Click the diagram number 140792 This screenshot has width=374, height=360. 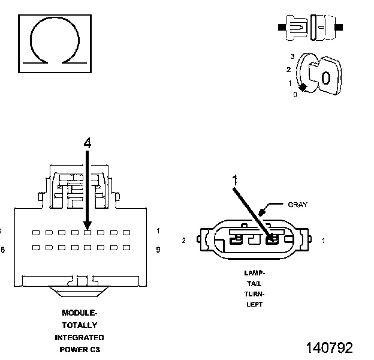[x=329, y=347]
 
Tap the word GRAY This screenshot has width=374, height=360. [x=297, y=205]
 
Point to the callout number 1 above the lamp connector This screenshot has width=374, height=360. [x=235, y=179]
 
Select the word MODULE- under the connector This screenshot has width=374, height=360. [x=79, y=313]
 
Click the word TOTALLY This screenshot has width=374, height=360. [x=79, y=325]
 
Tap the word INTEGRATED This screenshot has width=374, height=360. [x=79, y=337]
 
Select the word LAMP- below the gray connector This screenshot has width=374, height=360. [x=254, y=272]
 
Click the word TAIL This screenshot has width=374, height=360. [x=254, y=283]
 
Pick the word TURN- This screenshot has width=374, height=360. [x=254, y=294]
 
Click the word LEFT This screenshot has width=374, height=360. [x=254, y=305]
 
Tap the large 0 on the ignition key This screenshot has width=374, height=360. [x=325, y=78]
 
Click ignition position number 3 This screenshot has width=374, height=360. [x=292, y=56]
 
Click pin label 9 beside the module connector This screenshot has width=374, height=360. [x=158, y=249]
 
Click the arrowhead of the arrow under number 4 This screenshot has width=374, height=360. [x=88, y=226]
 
